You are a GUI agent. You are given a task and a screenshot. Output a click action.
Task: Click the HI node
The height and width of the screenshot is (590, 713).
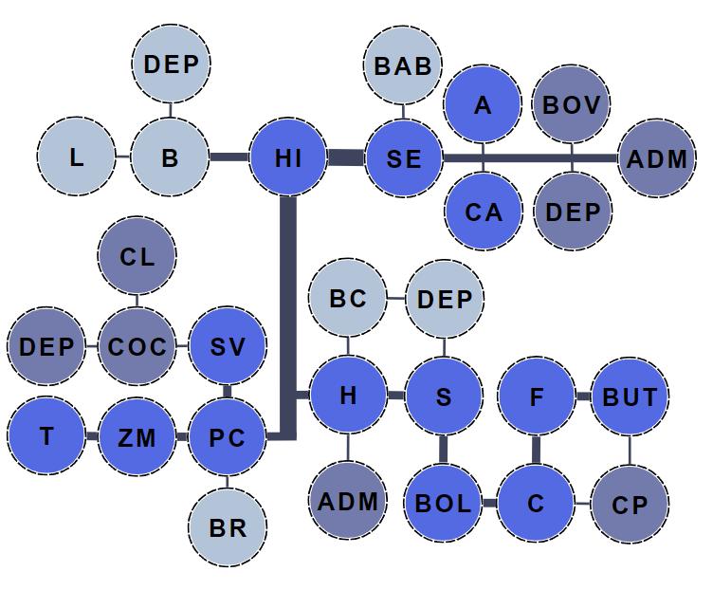click(x=287, y=157)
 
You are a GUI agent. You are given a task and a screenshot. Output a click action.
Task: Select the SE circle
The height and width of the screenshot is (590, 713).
click(x=404, y=158)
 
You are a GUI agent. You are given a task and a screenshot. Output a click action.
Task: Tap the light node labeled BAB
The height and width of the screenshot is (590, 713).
click(x=403, y=65)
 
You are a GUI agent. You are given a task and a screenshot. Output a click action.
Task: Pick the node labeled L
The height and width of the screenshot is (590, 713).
click(x=77, y=157)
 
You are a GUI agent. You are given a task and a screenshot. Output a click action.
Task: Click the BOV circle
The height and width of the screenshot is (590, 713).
click(x=572, y=104)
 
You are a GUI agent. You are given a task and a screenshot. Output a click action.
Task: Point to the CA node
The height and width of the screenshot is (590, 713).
click(x=484, y=211)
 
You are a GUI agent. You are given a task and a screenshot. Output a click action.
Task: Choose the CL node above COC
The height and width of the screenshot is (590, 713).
click(x=137, y=256)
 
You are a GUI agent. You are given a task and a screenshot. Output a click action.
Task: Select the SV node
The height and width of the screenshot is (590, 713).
click(x=228, y=346)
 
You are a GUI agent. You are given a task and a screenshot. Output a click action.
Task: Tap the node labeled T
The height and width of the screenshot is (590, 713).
click(x=46, y=436)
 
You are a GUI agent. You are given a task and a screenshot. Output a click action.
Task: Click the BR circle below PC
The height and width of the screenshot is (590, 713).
click(x=228, y=527)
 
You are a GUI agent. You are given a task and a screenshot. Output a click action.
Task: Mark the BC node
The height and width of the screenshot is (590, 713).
click(x=348, y=299)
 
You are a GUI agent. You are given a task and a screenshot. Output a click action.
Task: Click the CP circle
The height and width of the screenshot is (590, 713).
click(x=630, y=505)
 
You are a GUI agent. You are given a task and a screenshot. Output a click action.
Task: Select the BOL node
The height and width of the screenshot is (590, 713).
click(x=443, y=503)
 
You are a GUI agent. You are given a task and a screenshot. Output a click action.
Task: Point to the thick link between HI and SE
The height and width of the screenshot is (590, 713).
click(x=346, y=158)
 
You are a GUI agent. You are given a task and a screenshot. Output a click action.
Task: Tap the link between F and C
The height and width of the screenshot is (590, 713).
click(x=537, y=450)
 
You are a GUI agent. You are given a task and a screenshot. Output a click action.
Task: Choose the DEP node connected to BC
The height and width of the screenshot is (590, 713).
click(x=445, y=300)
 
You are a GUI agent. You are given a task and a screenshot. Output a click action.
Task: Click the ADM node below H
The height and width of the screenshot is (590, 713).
click(x=348, y=501)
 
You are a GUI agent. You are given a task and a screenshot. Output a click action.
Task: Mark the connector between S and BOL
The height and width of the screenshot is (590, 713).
click(x=443, y=450)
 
